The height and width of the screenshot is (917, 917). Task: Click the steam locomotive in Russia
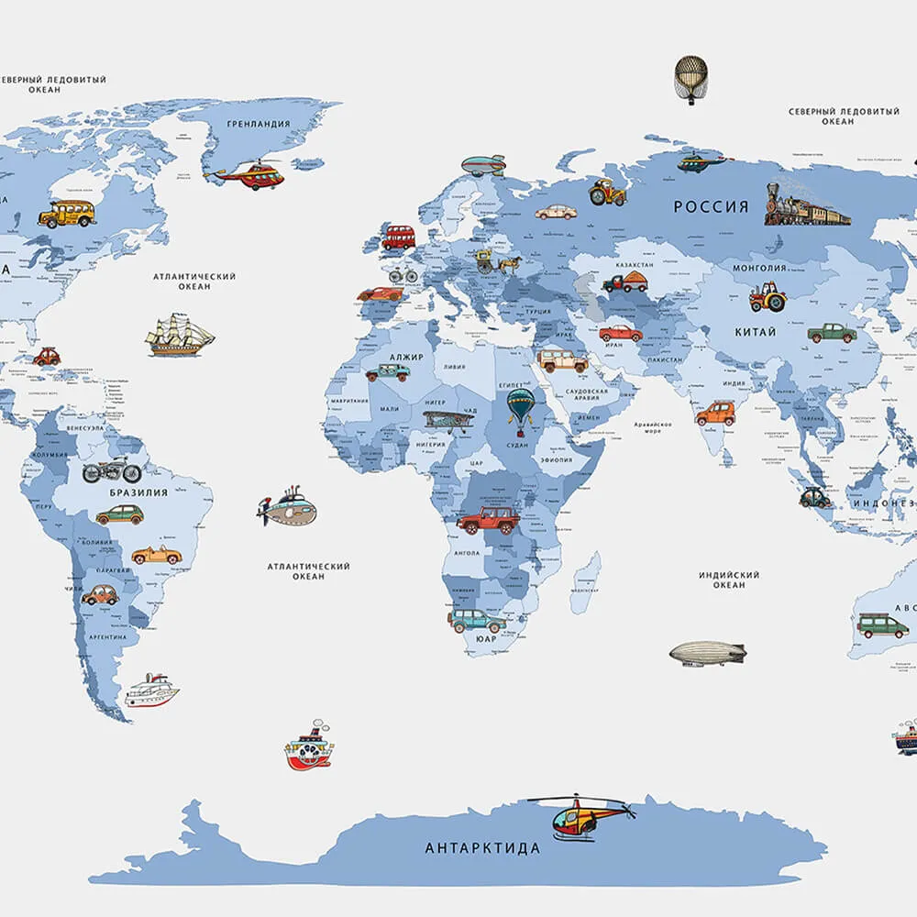pos(806,206)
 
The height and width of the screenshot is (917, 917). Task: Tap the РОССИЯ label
pos(711,207)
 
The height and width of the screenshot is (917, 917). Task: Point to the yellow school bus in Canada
pos(67,214)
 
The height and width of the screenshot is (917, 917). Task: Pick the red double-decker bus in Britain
pos(398,238)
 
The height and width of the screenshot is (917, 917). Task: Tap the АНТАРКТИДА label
pos(482,848)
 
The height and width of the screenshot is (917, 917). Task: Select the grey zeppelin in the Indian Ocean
pos(707,654)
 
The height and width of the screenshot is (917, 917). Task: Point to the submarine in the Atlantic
pos(288,509)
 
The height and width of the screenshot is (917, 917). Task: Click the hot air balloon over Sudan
pos(521,406)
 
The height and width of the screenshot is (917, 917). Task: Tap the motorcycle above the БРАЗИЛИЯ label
pos(112,471)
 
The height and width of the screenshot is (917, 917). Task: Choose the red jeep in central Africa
pos(488,521)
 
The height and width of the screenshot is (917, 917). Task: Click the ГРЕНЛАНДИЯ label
pos(259,124)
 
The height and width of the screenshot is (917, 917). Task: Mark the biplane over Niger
pos(448,420)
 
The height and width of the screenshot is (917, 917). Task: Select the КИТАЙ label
pos(755,332)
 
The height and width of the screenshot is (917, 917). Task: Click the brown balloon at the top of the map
pos(691,79)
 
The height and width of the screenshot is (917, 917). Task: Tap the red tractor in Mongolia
pos(768,297)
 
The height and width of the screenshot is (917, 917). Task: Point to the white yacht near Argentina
pos(151,691)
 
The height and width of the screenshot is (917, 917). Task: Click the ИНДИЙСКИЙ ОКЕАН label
pos(729,580)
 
